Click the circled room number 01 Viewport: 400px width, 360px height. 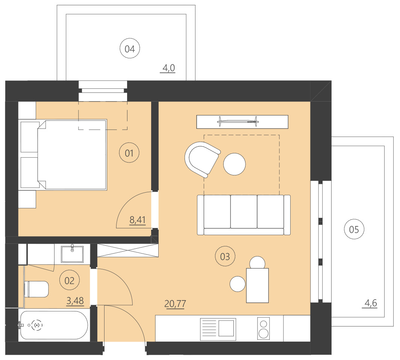click(x=129, y=153)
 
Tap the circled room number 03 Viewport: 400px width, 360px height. click(x=225, y=257)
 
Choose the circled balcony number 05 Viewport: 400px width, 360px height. click(x=354, y=229)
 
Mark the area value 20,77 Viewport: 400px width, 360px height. click(x=176, y=303)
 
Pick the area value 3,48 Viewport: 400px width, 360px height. click(x=75, y=301)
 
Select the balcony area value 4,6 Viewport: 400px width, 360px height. click(x=371, y=302)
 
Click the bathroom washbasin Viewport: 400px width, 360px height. click(x=72, y=253)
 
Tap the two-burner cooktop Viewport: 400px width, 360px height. click(x=264, y=328)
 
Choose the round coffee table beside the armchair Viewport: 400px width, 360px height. click(x=234, y=164)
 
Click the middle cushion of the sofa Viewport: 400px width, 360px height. click(x=244, y=211)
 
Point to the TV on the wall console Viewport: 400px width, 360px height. click(x=238, y=121)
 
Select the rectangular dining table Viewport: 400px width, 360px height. click(x=257, y=285)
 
